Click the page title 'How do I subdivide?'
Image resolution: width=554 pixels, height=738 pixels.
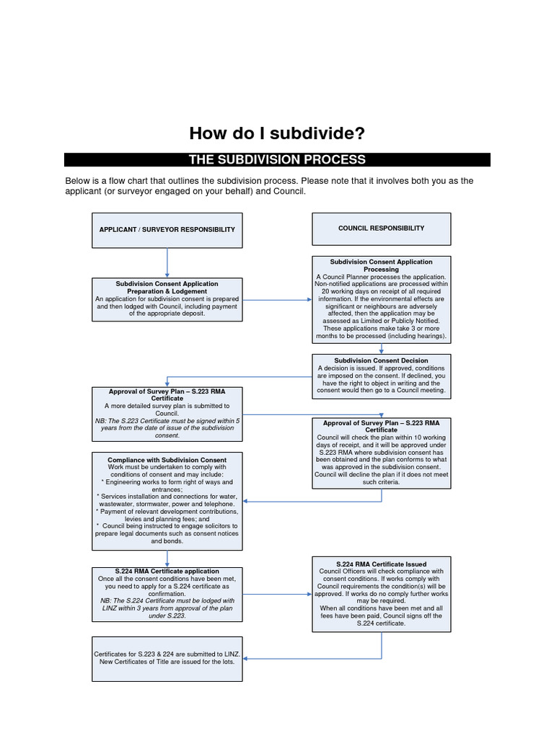(277, 133)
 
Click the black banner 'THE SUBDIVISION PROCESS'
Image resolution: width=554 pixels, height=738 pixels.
(277, 160)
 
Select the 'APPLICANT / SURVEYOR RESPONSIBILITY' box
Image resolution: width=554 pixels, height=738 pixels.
(167, 230)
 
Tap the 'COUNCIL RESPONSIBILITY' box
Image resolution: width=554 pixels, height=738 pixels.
(381, 228)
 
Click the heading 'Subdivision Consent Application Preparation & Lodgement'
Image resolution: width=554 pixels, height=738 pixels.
(167, 288)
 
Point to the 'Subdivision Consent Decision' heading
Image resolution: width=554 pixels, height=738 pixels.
(381, 360)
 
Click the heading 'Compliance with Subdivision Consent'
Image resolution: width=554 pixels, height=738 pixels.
(167, 460)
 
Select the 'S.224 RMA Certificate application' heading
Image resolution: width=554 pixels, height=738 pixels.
(167, 572)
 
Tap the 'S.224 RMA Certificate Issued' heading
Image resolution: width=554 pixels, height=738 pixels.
(381, 564)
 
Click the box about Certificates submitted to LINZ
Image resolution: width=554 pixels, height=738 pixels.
(167, 658)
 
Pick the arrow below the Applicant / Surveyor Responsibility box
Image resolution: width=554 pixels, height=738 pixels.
(167, 263)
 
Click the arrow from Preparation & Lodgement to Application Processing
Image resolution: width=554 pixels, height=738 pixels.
(277, 299)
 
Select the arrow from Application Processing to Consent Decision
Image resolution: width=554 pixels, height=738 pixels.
(381, 348)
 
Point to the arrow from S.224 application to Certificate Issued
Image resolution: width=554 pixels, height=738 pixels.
(277, 594)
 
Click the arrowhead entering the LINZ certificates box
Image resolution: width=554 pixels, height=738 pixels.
(247, 658)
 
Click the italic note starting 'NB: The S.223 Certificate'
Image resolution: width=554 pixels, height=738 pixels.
(167, 427)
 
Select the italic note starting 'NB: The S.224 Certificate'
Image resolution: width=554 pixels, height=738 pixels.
(167, 608)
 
